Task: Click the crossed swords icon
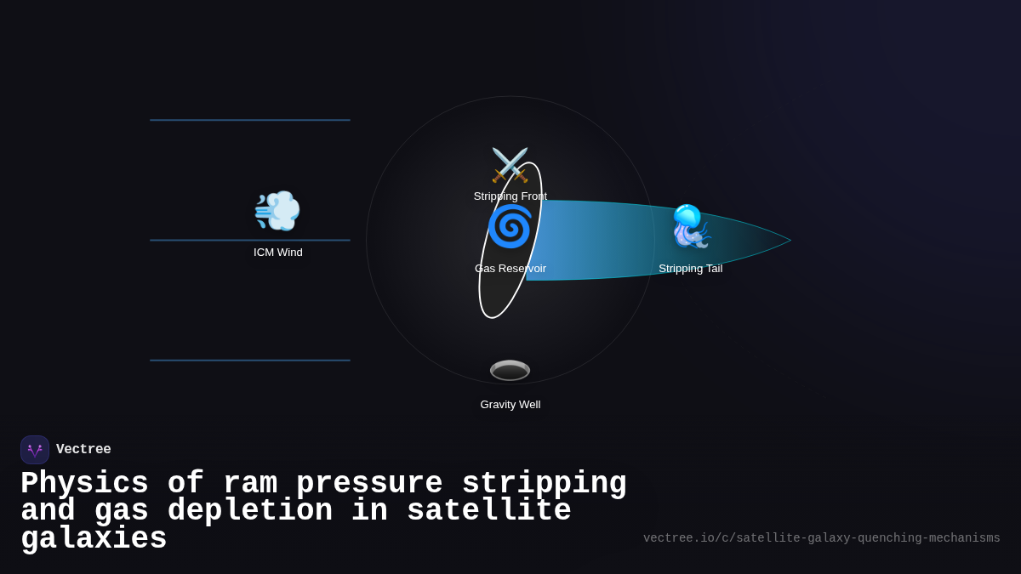pyautogui.click(x=510, y=165)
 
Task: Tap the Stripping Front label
pyautogui.click(x=510, y=196)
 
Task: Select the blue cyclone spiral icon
pyautogui.click(x=510, y=226)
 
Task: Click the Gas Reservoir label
pyautogui.click(x=510, y=269)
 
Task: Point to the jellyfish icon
pyautogui.click(x=690, y=226)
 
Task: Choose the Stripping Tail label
pyautogui.click(x=690, y=269)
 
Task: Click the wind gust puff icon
pyautogui.click(x=277, y=211)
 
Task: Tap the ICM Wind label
pyautogui.click(x=277, y=253)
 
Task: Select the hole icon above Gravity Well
pyautogui.click(x=510, y=370)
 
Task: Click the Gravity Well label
pyautogui.click(x=510, y=405)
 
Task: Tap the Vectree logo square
pyautogui.click(x=35, y=450)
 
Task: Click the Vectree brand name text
pyautogui.click(x=83, y=450)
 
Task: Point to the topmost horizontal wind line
pyautogui.click(x=250, y=120)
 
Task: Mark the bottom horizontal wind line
pyautogui.click(x=250, y=361)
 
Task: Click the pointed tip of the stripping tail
pyautogui.click(x=789, y=241)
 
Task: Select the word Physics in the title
pyautogui.click(x=84, y=484)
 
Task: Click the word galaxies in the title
pyautogui.click(x=94, y=539)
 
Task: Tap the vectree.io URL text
pyautogui.click(x=821, y=538)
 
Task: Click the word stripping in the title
pyautogui.click(x=544, y=484)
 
